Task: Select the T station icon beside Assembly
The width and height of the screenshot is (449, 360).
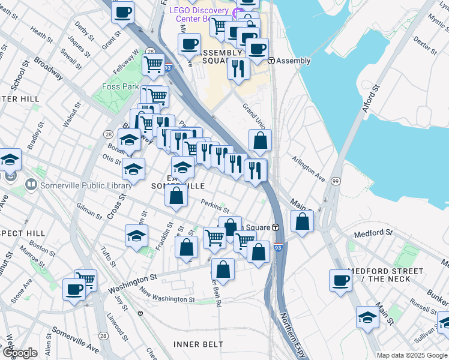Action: [x=271, y=61]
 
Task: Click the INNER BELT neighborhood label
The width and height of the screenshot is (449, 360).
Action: [x=198, y=344]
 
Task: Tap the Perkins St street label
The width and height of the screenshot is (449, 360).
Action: [x=215, y=207]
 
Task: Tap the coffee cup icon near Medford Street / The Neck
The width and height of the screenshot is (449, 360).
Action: [x=341, y=281]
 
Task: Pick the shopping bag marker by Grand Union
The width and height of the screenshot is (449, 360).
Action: [x=260, y=142]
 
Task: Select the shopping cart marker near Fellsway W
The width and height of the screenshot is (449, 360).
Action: [x=153, y=64]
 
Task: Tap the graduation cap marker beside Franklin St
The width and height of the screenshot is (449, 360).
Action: [x=137, y=236]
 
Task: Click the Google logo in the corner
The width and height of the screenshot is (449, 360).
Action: [x=20, y=353]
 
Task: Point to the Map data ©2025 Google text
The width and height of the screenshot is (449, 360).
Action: [x=412, y=355]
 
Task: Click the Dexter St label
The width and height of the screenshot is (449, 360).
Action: [x=425, y=45]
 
